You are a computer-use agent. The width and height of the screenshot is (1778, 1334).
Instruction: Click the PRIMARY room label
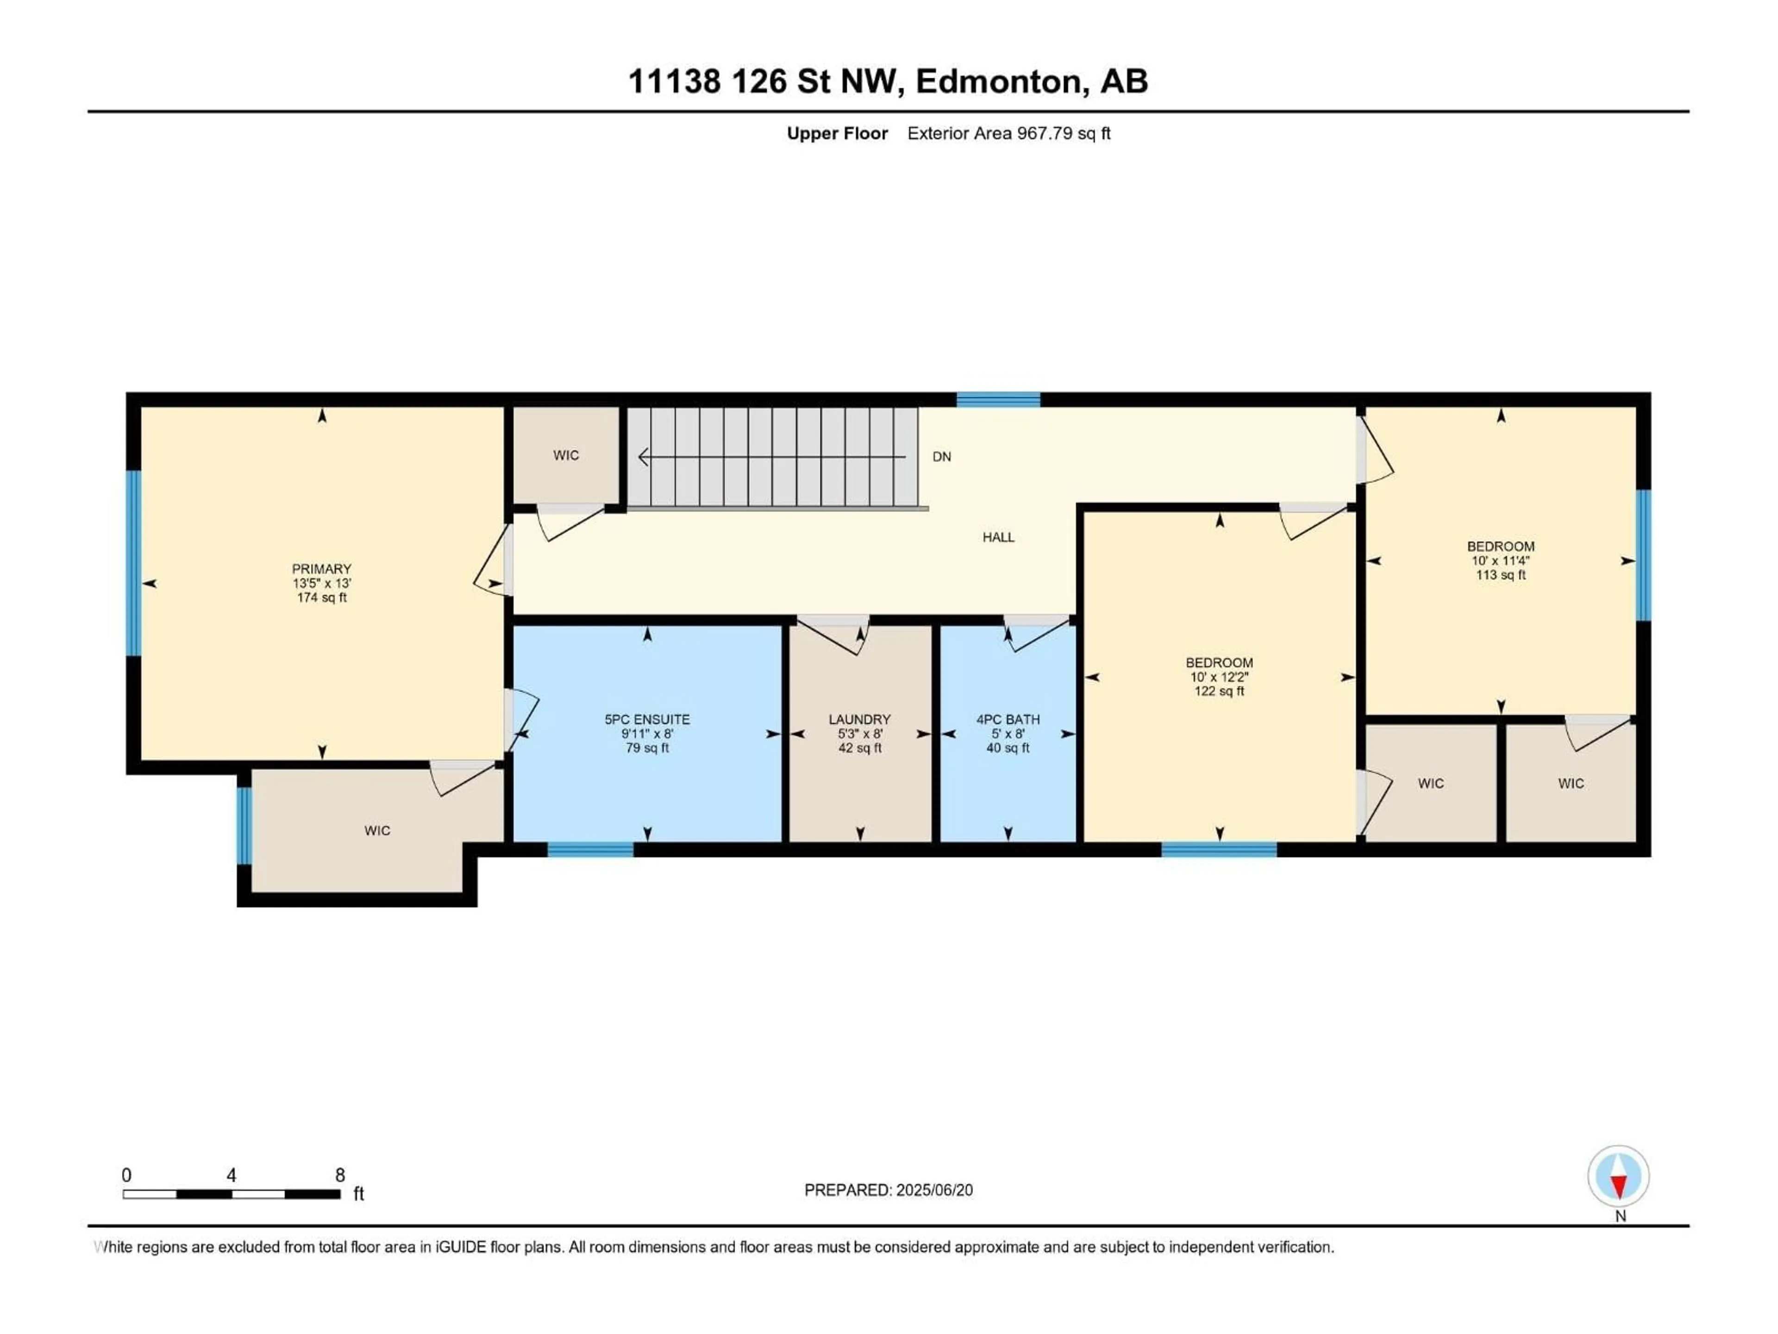321,568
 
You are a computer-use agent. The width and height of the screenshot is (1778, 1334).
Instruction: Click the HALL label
998,537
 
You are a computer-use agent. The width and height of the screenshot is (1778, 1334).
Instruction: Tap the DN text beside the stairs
941,457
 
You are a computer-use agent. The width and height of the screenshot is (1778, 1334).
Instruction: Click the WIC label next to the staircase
566,455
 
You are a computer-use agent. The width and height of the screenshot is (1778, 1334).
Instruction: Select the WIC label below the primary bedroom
377,831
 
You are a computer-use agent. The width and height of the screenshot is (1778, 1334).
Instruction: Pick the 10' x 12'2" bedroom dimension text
1219,677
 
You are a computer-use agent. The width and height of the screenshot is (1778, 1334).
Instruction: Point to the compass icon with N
1618,1177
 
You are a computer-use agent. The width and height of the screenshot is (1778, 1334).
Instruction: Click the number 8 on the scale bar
340,1175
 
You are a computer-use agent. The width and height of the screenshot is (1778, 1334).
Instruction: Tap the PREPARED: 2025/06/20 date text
888,1190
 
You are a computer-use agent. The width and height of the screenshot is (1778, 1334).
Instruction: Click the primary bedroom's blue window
133,563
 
